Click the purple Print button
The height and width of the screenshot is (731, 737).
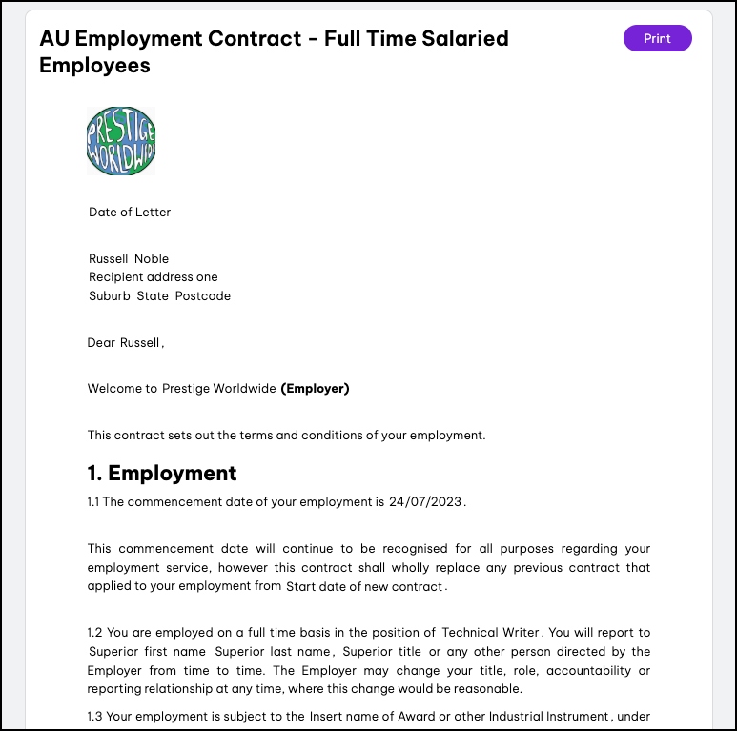click(x=657, y=38)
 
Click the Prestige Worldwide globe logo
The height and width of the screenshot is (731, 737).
click(x=121, y=141)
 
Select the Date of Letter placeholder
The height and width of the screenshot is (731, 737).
click(x=130, y=213)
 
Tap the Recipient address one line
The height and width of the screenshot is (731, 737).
click(x=154, y=277)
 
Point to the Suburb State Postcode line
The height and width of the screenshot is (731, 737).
click(x=159, y=295)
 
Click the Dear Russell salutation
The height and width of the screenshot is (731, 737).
click(x=125, y=342)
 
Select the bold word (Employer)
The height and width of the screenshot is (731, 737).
click(x=315, y=389)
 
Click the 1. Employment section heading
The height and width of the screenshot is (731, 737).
click(x=162, y=474)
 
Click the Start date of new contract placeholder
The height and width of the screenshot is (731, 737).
click(x=365, y=587)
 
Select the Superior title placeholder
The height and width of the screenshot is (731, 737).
click(x=393, y=652)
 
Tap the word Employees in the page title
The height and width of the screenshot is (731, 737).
click(x=94, y=65)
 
